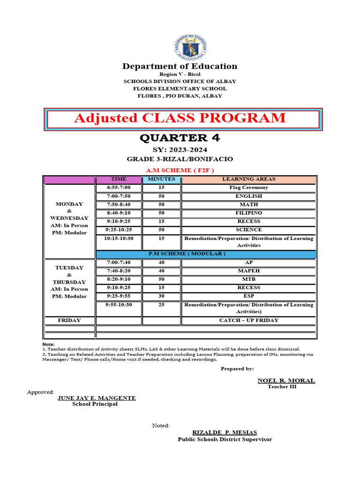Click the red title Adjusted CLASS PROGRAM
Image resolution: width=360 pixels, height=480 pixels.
pos(180,118)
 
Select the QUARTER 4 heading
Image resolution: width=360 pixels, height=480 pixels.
pos(180,138)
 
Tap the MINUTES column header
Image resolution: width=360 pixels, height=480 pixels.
pos(161,179)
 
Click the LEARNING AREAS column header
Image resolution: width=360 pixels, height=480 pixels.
pos(248,179)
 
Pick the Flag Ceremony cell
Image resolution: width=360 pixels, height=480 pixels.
pos(248,187)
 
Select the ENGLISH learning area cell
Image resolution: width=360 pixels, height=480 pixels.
pos(248,196)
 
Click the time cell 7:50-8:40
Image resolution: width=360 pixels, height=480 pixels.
pos(118,204)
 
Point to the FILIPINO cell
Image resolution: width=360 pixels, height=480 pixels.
pos(248,213)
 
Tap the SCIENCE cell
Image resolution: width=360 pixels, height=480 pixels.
pos(248,230)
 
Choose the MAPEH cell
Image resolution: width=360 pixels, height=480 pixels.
pos(248,270)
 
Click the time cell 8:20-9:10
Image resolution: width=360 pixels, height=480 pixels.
pos(118,279)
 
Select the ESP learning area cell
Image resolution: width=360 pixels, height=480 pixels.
pos(248,296)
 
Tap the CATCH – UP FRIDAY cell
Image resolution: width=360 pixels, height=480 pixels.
pos(248,320)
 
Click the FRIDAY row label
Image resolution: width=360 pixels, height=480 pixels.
pos(69,320)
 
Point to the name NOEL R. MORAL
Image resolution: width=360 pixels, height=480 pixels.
pos(286,381)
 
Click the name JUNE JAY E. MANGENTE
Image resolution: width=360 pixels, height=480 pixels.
pos(97,398)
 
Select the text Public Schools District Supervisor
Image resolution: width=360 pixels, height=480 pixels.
pos(225,439)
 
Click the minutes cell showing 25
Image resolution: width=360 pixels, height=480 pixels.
pos(161,305)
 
